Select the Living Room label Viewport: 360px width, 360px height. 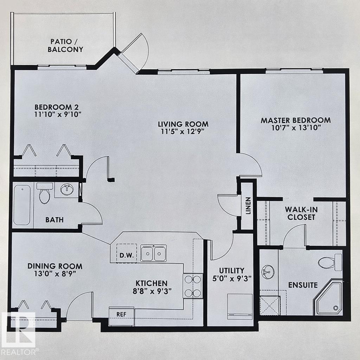pyautogui.click(x=183, y=124)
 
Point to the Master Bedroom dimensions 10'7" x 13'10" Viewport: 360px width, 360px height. pyautogui.click(x=295, y=128)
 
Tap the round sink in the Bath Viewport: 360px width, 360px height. pyautogui.click(x=66, y=190)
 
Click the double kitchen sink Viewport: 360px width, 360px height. pyautogui.click(x=153, y=253)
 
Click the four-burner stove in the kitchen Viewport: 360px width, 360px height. pyautogui.click(x=193, y=286)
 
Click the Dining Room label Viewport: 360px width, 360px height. pyautogui.click(x=55, y=266)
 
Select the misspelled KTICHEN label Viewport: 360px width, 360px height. pyautogui.click(x=152, y=283)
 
